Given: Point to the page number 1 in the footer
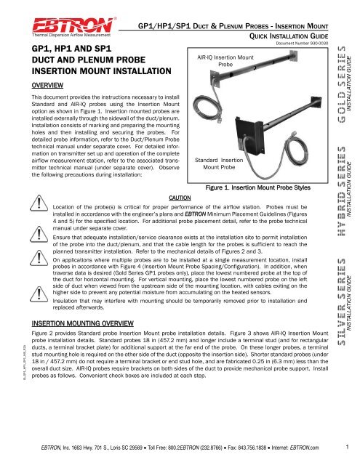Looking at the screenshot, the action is click(x=348, y=446).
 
